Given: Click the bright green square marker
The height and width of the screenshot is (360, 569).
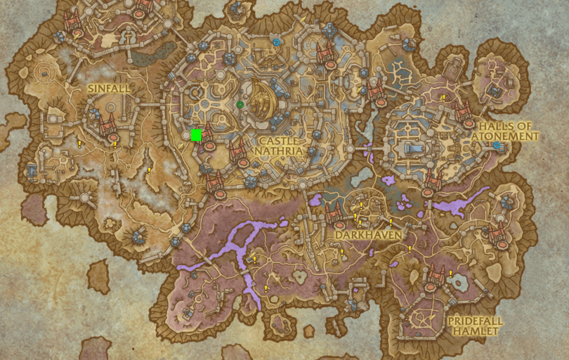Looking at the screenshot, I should coord(196,135).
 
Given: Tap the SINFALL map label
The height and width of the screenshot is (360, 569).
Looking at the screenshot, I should coord(108,88).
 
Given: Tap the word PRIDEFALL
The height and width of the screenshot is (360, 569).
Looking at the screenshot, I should coord(475,321).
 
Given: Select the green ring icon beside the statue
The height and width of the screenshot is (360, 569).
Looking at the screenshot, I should coord(240,104).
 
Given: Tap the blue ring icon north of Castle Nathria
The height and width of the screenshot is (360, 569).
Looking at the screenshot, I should coord(276,42).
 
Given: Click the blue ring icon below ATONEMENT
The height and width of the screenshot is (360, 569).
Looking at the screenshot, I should coord(497,145).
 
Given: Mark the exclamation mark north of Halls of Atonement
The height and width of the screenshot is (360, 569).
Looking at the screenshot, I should coord(443,98).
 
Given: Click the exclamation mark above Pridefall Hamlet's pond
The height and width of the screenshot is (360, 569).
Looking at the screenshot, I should coord(450,273).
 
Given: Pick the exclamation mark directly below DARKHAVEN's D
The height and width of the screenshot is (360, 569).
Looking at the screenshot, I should coord(342,252).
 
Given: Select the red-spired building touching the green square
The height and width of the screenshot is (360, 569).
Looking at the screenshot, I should coord(207,136).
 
